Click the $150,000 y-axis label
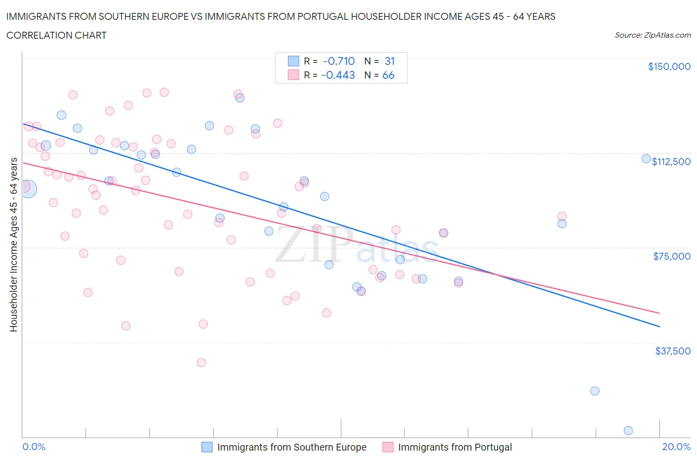click(x=669, y=67)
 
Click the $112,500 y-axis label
click(x=671, y=162)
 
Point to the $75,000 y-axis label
click(x=672, y=256)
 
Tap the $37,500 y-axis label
click(x=672, y=351)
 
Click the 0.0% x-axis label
click(x=34, y=447)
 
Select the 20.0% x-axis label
click(x=676, y=447)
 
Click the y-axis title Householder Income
click(x=14, y=244)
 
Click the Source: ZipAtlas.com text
click(x=652, y=35)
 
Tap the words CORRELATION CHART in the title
click(x=57, y=35)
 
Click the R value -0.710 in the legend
click(x=339, y=61)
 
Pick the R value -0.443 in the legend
click(x=338, y=75)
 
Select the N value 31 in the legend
click(x=390, y=61)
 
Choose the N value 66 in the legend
click(x=388, y=75)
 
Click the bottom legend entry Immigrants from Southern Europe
click(x=291, y=447)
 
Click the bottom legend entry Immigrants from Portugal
click(x=455, y=447)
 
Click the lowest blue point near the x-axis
click(x=628, y=431)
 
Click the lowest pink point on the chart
click(x=201, y=362)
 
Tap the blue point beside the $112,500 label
click(x=646, y=159)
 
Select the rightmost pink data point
click(x=562, y=216)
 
